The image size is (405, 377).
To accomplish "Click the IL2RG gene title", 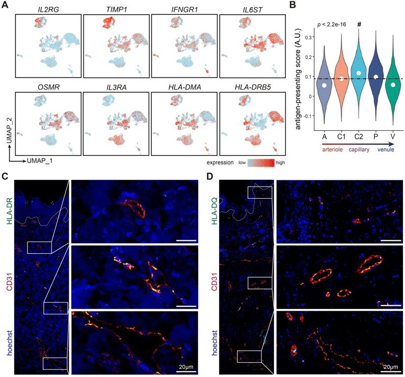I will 47,9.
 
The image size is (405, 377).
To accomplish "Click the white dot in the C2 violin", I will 359,73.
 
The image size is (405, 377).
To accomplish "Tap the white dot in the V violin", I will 391,84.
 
